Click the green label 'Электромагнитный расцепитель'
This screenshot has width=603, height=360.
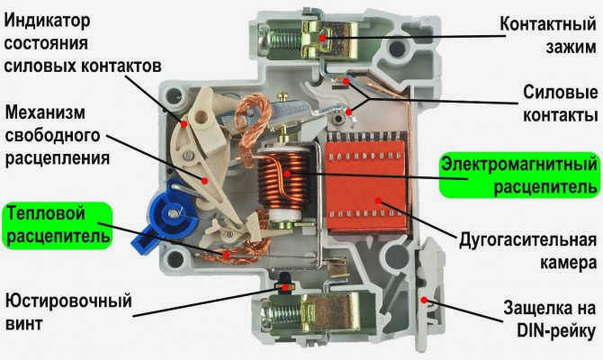[x=519, y=175]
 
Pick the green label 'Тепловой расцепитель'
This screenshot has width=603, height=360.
[x=58, y=225]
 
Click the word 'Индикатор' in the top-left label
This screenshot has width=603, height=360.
[x=47, y=21]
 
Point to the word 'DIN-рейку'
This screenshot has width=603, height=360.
[x=555, y=330]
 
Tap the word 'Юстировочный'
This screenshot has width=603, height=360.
[x=68, y=301]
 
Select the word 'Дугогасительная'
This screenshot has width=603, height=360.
[x=527, y=240]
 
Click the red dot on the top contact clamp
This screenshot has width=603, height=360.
[x=322, y=38]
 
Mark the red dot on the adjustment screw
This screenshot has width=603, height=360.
[x=285, y=288]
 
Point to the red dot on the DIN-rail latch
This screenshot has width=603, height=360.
[x=424, y=300]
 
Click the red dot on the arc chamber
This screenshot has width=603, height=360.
[x=378, y=201]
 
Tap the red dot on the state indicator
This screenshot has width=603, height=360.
[x=184, y=124]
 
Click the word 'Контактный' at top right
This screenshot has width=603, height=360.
[x=548, y=23]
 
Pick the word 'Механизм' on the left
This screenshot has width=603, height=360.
[x=45, y=112]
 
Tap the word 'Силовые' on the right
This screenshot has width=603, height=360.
[x=560, y=93]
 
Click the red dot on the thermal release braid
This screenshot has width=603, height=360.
[x=227, y=255]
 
